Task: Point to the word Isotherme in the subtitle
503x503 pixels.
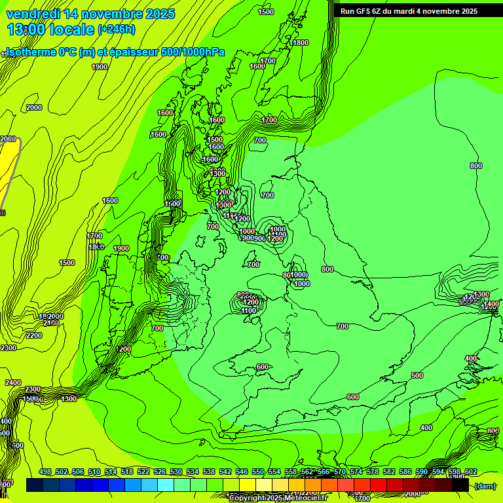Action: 31,52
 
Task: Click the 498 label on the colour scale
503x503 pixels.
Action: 45,472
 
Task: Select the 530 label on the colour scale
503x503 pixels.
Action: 176,472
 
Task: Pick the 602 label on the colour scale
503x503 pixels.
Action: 471,472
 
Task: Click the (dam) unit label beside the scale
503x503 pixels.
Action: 485,485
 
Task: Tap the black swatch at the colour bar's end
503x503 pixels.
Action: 460,485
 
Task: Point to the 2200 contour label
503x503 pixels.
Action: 34,335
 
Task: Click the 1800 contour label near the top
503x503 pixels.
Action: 301,43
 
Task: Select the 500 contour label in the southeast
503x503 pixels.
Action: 417,375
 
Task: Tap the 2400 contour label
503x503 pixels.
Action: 13,382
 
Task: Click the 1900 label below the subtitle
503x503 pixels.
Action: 100,67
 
